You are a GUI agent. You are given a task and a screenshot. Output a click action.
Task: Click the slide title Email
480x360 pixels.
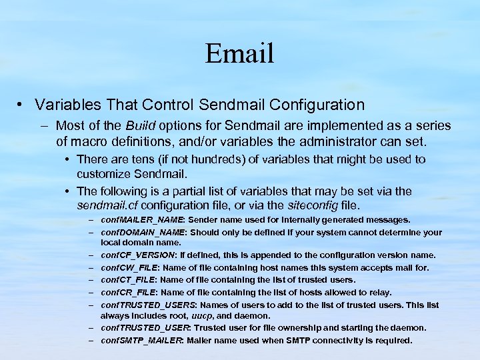pos(239,53)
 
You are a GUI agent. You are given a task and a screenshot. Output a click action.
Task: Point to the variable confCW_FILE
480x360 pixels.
pos(133,268)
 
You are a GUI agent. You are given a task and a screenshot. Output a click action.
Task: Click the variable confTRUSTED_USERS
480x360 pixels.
pos(147,305)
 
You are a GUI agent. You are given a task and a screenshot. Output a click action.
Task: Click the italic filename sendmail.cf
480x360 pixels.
pos(107,205)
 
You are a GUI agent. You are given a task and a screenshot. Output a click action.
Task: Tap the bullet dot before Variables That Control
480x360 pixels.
pos(22,105)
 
